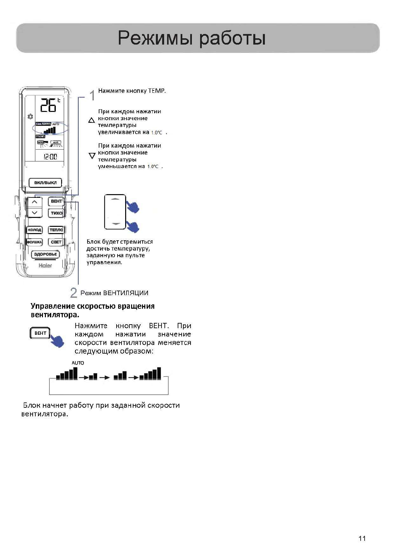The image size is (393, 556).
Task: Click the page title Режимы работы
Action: (192, 38)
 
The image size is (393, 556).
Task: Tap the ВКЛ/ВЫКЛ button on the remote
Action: (45, 183)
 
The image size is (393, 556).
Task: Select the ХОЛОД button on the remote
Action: (34, 230)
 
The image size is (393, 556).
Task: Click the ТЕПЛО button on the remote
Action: (56, 230)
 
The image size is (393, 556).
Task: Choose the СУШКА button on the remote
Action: (34, 242)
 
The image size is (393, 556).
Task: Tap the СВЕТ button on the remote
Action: (56, 242)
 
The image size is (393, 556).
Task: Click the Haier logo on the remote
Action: (45, 265)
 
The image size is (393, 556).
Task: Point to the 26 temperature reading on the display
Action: (48, 105)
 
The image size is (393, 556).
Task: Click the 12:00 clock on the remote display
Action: (50, 157)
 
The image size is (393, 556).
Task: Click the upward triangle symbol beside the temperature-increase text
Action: (92, 121)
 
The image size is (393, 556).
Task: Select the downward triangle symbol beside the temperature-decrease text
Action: (92, 156)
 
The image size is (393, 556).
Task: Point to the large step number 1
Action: (92, 95)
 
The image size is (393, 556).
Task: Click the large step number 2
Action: (74, 293)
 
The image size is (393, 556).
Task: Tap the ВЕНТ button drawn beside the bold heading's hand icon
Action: (40, 333)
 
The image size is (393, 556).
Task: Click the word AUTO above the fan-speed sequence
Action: (78, 363)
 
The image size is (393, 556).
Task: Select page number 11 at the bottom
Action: (362, 539)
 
